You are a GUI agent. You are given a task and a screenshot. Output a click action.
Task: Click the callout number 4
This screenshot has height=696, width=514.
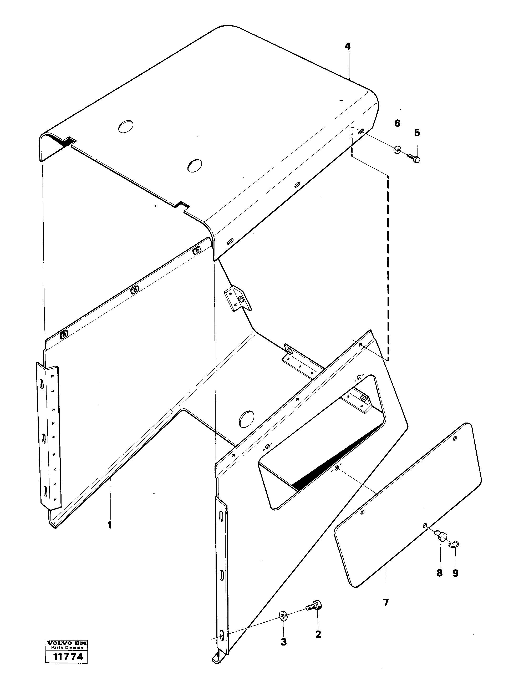pyautogui.click(x=348, y=46)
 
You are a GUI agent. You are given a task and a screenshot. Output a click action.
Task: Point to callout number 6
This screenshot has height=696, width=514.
pyautogui.click(x=397, y=123)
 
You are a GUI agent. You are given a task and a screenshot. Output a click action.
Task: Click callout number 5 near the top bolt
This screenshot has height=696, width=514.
pyautogui.click(x=417, y=133)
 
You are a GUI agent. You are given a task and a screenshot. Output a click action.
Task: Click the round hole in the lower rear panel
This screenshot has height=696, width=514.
pyautogui.click(x=246, y=419)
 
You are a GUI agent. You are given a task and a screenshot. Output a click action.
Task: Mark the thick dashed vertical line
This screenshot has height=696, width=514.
pyautogui.click(x=388, y=265)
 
